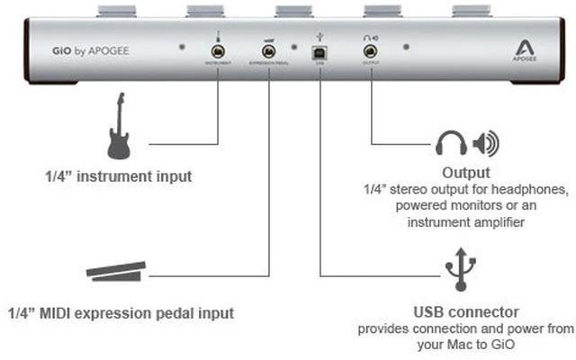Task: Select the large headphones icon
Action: (x=452, y=143)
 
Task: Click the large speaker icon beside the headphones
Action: (x=486, y=143)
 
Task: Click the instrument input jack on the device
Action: (x=217, y=52)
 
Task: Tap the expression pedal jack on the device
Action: (x=268, y=52)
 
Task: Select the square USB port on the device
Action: (x=319, y=53)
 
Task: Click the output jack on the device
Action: (x=369, y=52)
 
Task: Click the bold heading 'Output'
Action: (x=465, y=172)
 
